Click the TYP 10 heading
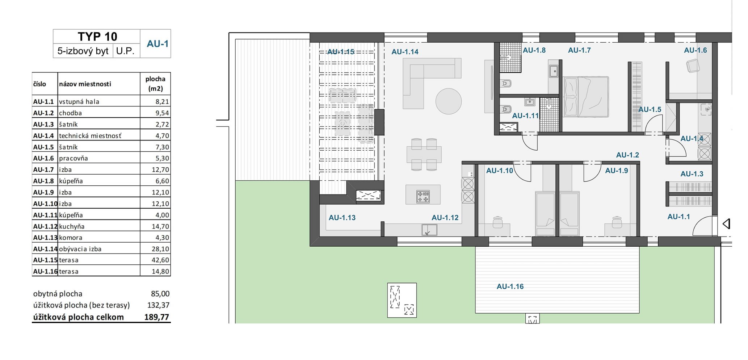(97, 37)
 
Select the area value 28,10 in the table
(160, 249)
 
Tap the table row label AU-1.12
(45, 226)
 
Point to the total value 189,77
(157, 317)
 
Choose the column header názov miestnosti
(85, 84)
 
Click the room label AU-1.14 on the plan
(405, 52)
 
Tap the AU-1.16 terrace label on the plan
(510, 286)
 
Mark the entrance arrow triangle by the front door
(726, 224)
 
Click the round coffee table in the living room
(449, 101)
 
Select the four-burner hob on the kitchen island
(423, 197)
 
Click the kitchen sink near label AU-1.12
(429, 230)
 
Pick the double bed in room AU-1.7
(586, 97)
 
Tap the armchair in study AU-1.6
(692, 66)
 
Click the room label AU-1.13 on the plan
(342, 218)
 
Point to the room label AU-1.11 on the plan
(525, 116)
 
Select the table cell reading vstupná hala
(79, 102)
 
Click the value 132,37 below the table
(158, 305)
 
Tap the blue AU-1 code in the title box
(157, 44)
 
